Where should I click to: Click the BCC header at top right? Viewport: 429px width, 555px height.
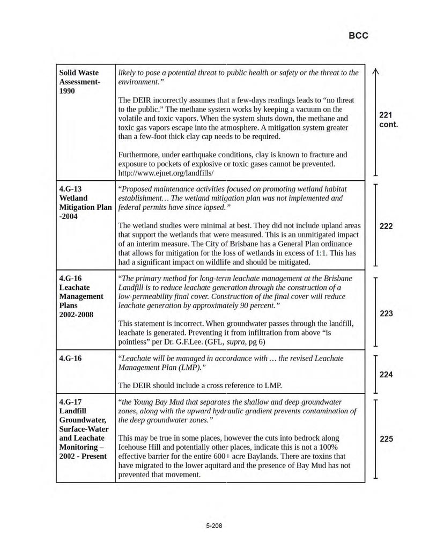pos(358,35)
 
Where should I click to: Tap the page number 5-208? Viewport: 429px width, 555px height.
pos(214,525)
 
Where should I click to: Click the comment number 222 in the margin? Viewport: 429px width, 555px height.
pos(386,226)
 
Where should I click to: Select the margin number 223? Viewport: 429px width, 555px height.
pos(386,313)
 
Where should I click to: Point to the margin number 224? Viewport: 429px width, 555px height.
pos(386,375)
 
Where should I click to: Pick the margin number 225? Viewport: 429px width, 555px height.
pos(386,439)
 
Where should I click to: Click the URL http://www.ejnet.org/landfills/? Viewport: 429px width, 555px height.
pos(166,173)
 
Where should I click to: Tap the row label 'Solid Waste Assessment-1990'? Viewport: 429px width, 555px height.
pos(79,82)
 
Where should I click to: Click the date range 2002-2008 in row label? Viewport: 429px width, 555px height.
pos(77,315)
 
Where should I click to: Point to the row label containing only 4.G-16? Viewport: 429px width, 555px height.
pos(70,358)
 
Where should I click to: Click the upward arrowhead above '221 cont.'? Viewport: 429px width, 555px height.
pos(375,72)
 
